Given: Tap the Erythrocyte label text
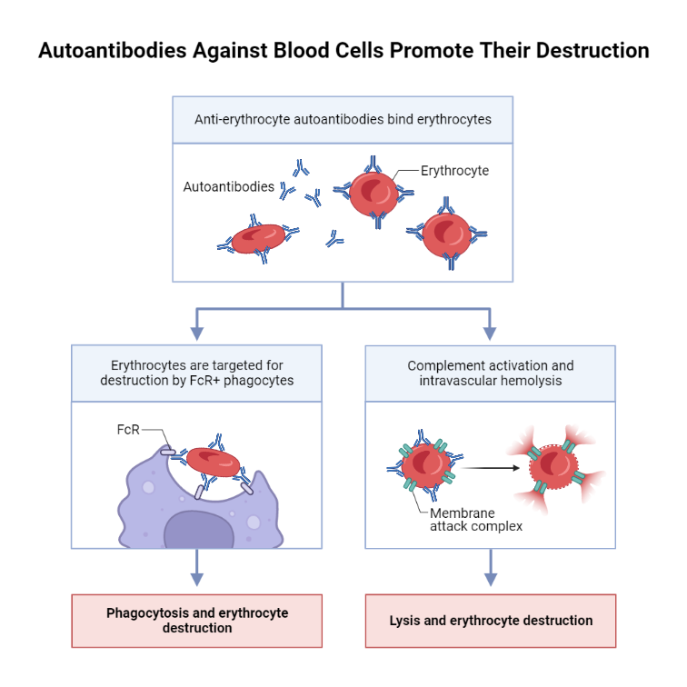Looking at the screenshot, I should pos(454,170).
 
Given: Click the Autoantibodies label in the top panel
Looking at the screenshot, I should pos(228,186).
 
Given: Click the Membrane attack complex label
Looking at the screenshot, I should pos(476,519).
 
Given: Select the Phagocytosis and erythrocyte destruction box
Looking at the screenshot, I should pos(197,621).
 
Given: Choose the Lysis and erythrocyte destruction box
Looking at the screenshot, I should pos(491,621).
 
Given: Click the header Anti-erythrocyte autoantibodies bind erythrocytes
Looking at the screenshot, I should pos(343,119).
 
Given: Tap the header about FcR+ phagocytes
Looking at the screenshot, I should pos(197,373).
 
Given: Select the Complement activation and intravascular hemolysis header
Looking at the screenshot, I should pos(491,373).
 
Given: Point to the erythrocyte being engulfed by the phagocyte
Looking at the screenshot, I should pos(211,463).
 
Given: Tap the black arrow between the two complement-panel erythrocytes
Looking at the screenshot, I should pos(494,468).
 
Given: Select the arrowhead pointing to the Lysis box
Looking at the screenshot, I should pos(491,579).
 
